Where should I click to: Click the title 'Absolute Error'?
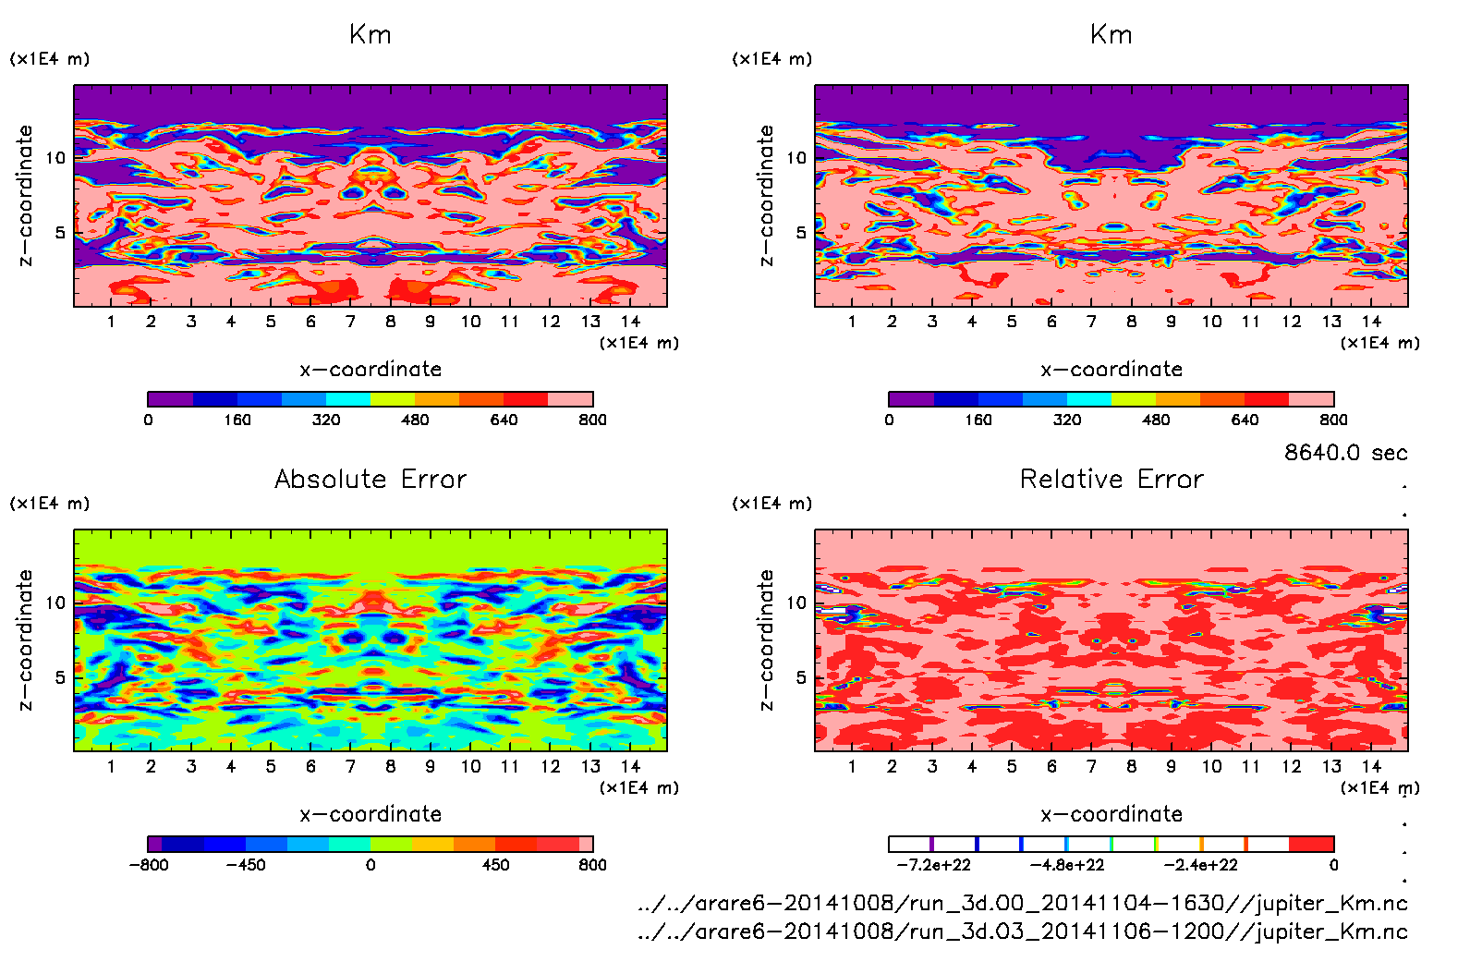click(370, 479)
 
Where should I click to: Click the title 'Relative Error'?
click(1111, 479)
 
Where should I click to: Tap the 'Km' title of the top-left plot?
click(370, 35)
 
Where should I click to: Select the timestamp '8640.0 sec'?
click(1345, 453)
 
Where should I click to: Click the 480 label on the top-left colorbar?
click(415, 420)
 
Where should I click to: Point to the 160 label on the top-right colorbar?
click(978, 420)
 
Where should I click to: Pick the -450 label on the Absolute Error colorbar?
click(246, 865)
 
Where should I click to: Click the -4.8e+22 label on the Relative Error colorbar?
click(1067, 865)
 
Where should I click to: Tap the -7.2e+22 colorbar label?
click(933, 865)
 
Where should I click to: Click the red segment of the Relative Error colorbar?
click(1311, 844)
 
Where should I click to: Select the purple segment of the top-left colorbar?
click(171, 399)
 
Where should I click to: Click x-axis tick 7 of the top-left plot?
click(350, 322)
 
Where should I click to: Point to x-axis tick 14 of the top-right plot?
click(1371, 322)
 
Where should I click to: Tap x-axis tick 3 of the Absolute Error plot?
click(191, 766)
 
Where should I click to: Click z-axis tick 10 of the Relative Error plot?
click(796, 603)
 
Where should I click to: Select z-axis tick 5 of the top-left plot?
click(61, 232)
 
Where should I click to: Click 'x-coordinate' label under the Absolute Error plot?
click(370, 814)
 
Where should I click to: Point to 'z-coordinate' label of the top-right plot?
click(766, 196)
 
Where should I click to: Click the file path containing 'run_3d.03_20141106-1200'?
click(1022, 931)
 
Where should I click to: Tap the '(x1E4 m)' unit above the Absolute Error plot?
click(50, 504)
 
